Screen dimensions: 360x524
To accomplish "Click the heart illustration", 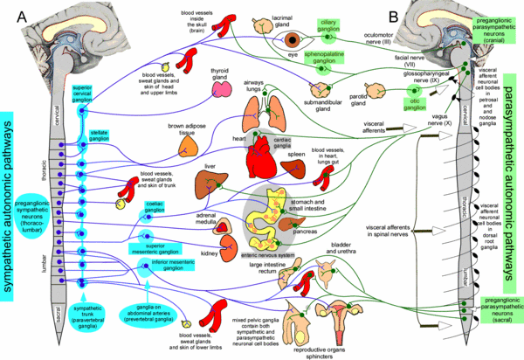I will (265, 161).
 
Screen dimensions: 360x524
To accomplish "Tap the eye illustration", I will (304, 40).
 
